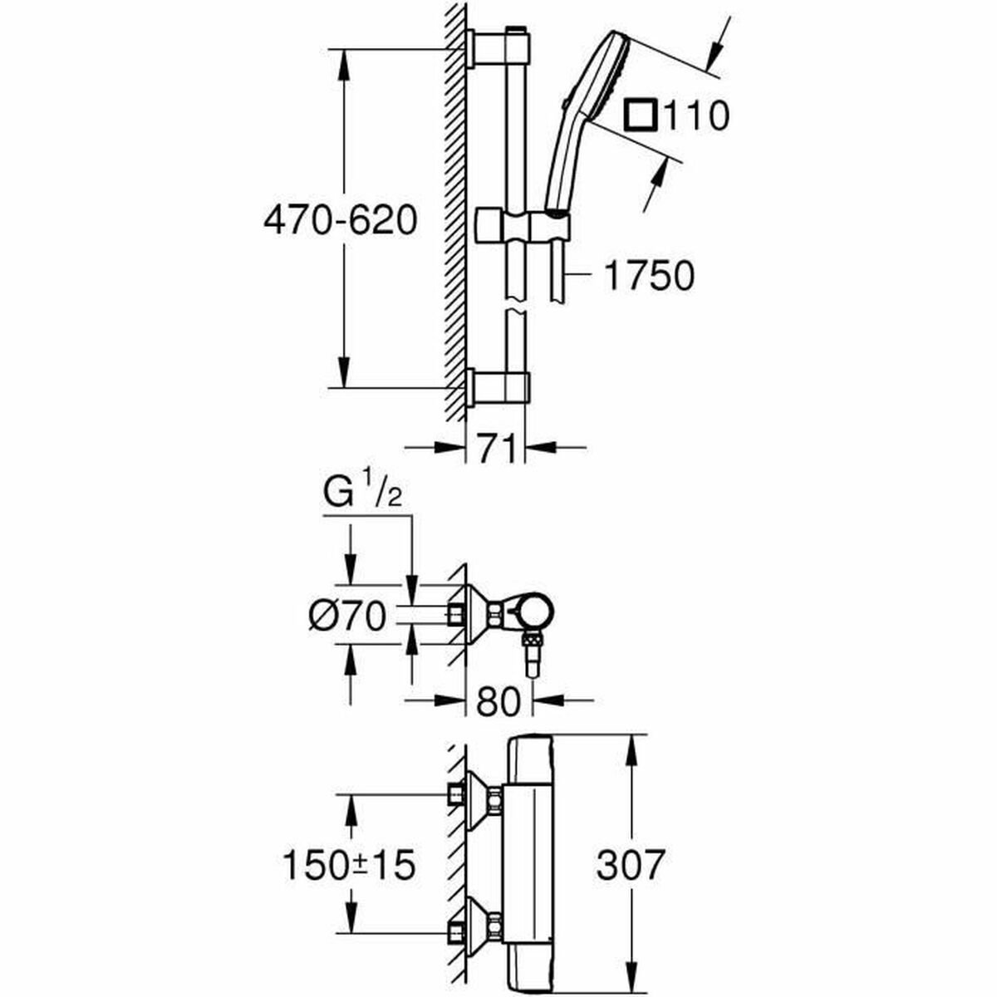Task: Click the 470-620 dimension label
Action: (x=339, y=221)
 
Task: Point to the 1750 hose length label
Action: (x=647, y=276)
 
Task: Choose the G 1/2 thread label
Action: (x=363, y=496)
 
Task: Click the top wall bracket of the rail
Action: (x=498, y=47)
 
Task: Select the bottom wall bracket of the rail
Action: (x=498, y=387)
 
